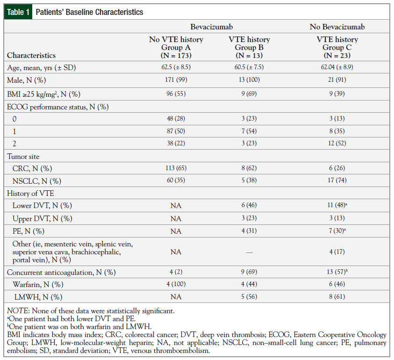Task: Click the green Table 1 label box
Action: (x=18, y=12)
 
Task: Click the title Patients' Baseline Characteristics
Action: (x=89, y=12)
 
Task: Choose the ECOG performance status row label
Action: (x=57, y=107)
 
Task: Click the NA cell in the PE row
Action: (x=176, y=231)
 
